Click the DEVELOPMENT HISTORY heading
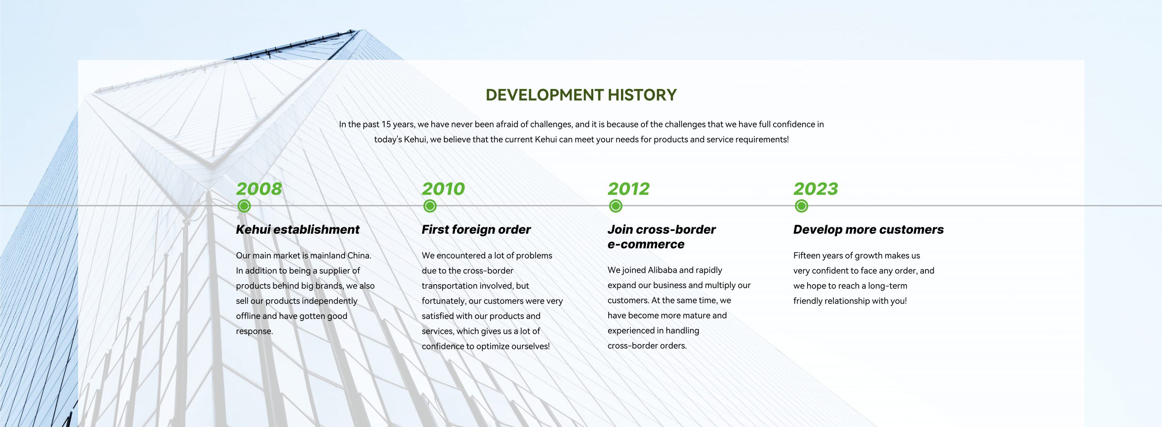(x=581, y=95)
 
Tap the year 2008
(x=259, y=189)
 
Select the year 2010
(x=443, y=189)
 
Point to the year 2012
(x=629, y=189)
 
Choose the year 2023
(x=816, y=189)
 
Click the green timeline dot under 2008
(x=244, y=206)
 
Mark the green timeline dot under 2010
(x=430, y=206)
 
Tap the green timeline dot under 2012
(x=615, y=206)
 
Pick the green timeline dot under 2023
(x=802, y=206)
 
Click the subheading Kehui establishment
(x=298, y=230)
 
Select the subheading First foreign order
(x=476, y=230)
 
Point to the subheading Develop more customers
(x=868, y=230)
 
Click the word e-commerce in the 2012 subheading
(x=646, y=244)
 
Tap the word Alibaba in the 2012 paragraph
(x=662, y=270)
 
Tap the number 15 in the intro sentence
(x=386, y=124)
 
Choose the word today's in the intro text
(x=388, y=140)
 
